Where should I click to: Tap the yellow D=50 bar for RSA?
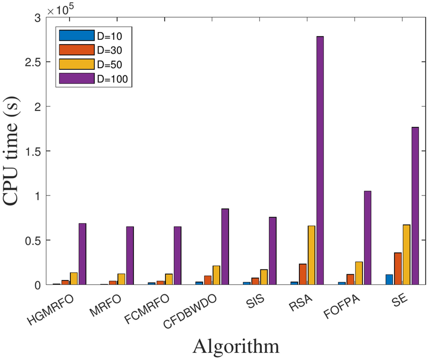[x=311, y=255]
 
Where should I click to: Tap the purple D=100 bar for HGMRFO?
[x=82, y=254]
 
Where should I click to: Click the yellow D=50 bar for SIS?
[x=264, y=277]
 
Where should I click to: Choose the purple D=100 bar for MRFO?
[x=130, y=256]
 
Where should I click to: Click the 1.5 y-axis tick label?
[x=31, y=151]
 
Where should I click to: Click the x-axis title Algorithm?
[x=236, y=346]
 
